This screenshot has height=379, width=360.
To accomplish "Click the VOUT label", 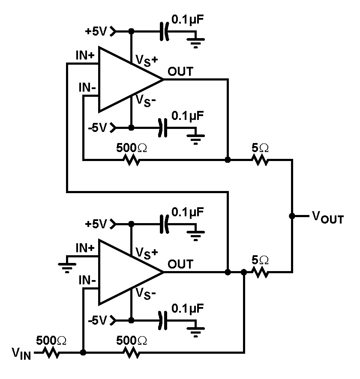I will (327, 218).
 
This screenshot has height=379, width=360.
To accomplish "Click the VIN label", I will (21, 354).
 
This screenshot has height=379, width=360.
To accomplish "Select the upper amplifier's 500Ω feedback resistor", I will (132, 160).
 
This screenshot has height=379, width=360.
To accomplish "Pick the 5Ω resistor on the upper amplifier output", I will (260, 160).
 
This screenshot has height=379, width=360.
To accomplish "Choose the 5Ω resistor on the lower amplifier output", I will (260, 272).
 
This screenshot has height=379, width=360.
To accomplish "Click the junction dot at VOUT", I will (292, 216).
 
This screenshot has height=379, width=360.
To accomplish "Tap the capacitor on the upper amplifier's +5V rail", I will (163, 31).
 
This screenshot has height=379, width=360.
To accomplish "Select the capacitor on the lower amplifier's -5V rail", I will (162, 320).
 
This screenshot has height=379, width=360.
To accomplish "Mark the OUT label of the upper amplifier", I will (180, 72).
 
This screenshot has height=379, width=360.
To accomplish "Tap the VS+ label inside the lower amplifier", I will (147, 252).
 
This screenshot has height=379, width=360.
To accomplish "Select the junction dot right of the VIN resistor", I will (83, 353).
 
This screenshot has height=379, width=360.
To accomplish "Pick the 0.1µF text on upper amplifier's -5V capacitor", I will (188, 115).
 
